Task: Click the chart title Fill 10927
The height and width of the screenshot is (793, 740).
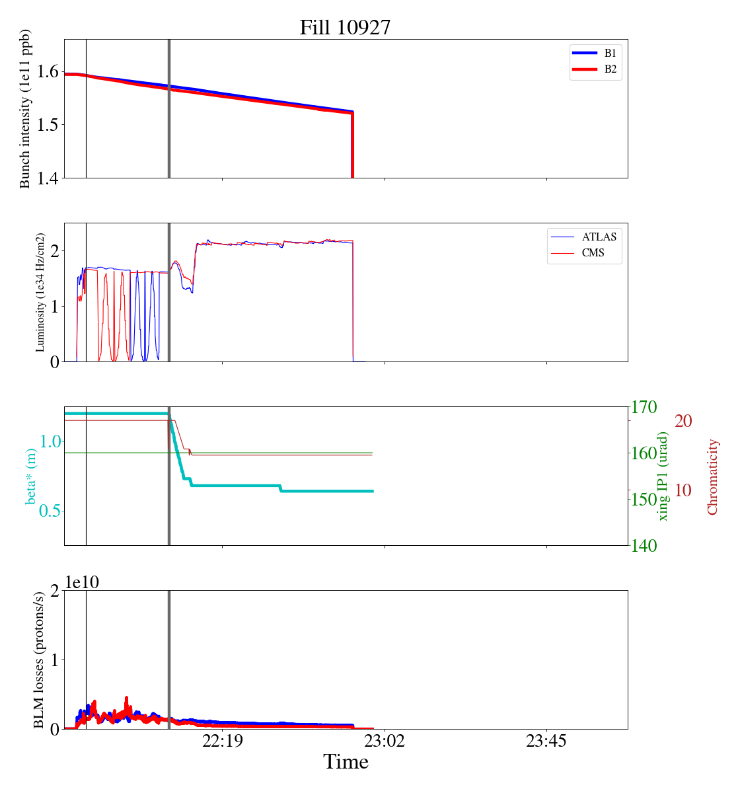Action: [x=345, y=28]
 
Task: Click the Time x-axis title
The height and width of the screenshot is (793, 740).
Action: [x=346, y=763]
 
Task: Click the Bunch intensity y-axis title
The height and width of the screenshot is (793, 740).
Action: [x=25, y=109]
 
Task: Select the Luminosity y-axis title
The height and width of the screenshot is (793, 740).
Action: [x=40, y=292]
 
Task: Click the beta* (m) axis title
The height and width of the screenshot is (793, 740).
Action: [x=31, y=476]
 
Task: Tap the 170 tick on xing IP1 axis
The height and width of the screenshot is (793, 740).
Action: [x=645, y=407]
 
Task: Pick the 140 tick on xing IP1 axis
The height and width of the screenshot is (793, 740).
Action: [x=645, y=545]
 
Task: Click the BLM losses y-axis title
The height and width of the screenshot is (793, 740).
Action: [x=39, y=660]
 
